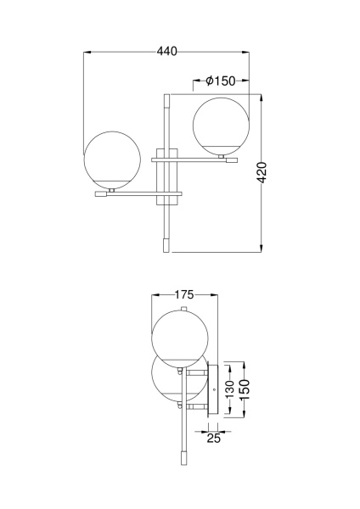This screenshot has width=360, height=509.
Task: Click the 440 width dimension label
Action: (x=167, y=51)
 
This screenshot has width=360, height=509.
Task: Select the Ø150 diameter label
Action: (x=220, y=81)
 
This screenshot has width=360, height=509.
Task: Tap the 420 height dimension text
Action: (x=262, y=172)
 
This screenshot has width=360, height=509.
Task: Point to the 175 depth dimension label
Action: (x=184, y=294)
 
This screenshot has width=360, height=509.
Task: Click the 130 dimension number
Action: (x=229, y=389)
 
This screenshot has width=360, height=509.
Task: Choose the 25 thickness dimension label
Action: (x=213, y=438)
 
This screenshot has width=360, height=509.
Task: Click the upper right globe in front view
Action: (x=221, y=126)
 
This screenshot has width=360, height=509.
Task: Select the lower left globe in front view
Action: (x=112, y=159)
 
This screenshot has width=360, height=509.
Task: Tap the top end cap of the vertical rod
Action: (x=167, y=100)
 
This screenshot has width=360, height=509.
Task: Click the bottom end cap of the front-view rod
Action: (x=167, y=245)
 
